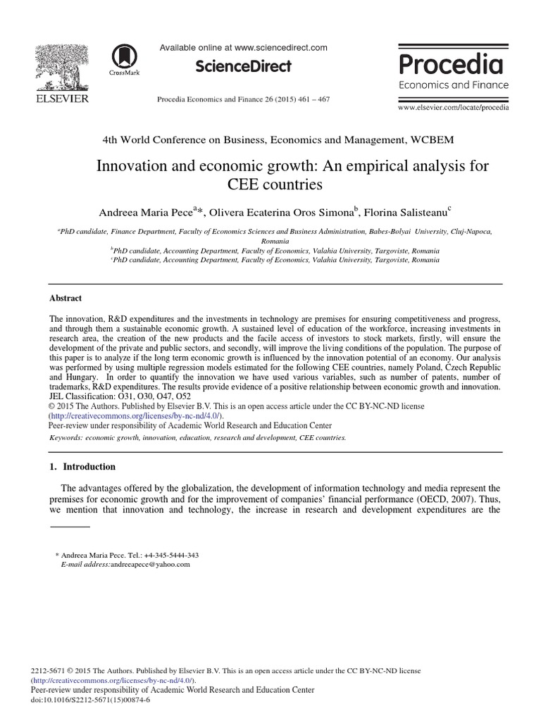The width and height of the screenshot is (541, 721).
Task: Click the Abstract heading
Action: click(x=66, y=298)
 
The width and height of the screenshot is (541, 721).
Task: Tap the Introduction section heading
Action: click(x=89, y=467)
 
